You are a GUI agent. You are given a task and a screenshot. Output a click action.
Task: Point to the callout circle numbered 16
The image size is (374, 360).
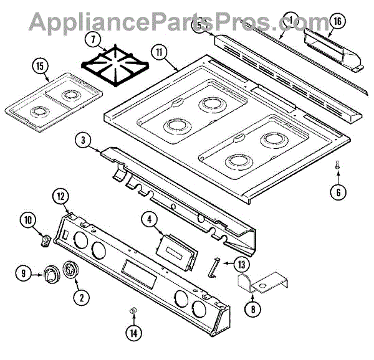[337, 21]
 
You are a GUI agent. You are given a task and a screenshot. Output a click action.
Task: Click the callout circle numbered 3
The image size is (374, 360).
[83, 140]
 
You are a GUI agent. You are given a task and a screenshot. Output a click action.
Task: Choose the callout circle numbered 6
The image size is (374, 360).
[337, 192]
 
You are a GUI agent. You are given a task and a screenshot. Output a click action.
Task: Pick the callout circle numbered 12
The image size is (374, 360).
[61, 196]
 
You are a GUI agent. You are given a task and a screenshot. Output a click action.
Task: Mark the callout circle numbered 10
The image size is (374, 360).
[29, 219]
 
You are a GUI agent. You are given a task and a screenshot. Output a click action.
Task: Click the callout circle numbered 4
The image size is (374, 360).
[150, 219]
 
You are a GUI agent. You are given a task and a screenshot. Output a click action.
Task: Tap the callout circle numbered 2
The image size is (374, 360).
[80, 296]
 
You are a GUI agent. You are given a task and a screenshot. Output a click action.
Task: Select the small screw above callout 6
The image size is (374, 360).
[337, 165]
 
